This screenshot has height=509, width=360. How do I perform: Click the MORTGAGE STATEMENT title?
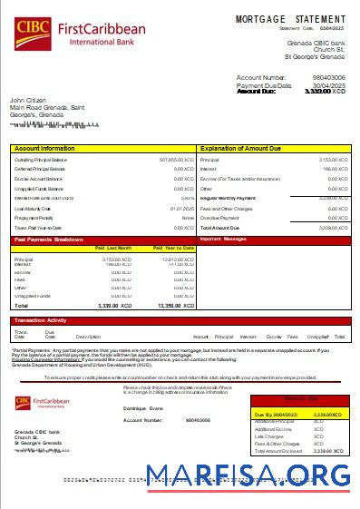290,19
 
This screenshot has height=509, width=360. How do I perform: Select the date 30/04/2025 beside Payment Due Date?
329,85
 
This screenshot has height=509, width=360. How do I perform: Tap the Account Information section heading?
45,147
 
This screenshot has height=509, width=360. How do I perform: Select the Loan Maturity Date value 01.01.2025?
182,208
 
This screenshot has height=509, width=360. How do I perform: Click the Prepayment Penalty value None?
188,218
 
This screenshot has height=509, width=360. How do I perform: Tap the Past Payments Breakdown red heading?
49,240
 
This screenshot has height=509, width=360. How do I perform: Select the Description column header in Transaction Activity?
88,336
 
